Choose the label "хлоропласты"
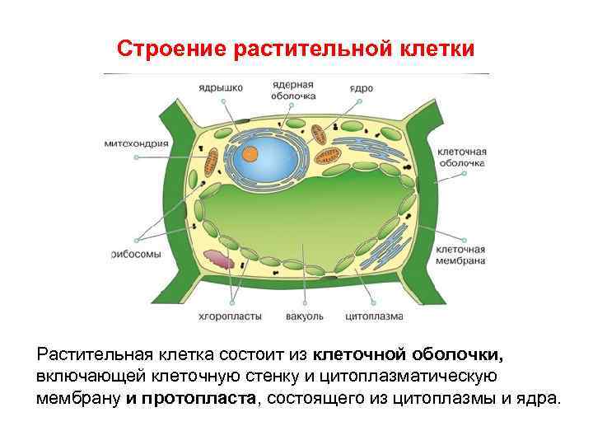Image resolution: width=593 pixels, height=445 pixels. [231, 316]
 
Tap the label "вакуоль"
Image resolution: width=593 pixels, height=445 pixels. [305, 316]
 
